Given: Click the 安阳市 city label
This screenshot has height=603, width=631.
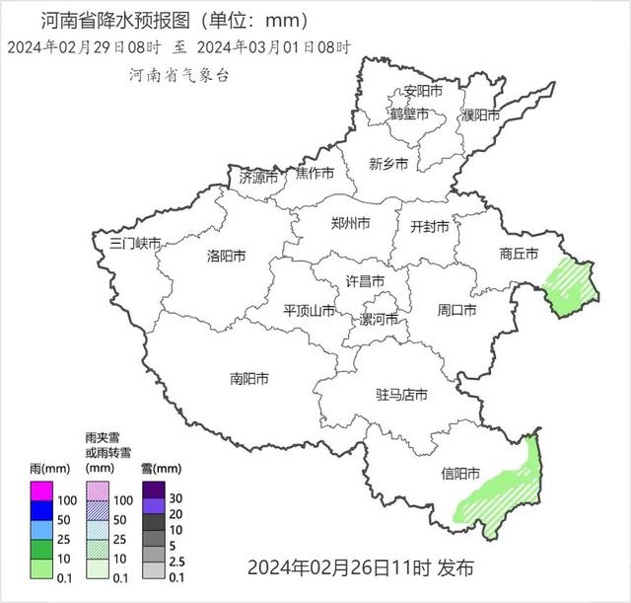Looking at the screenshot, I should point(422,92).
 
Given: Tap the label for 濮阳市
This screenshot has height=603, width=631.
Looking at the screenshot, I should point(481,114).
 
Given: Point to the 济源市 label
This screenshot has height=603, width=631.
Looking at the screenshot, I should point(259,178).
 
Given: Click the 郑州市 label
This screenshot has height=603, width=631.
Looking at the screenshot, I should point(351,224).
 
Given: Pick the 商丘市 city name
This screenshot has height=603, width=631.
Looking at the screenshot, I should point(519,254).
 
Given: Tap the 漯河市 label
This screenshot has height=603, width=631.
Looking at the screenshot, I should point(380,319).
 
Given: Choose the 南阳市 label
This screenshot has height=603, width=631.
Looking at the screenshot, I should point(249,378).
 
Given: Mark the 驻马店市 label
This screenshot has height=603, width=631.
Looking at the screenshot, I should point(401,395).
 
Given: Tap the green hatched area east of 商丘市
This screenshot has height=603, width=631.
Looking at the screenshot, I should point(573,287).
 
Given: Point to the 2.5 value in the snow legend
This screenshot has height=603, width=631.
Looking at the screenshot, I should point(176,562).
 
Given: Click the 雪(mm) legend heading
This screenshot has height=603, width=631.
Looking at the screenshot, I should point(161,468).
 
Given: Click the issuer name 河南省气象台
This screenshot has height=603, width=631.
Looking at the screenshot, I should point(178,74).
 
